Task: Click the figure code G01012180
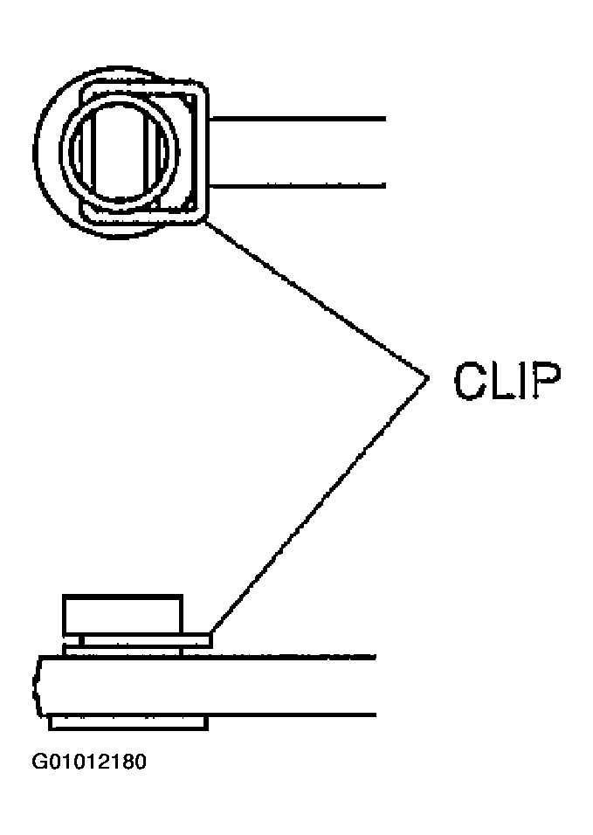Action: [x=89, y=762]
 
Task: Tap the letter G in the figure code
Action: [x=40, y=762]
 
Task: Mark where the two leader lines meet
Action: [x=427, y=377]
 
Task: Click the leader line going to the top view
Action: [x=316, y=300]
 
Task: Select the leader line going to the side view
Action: [x=320, y=506]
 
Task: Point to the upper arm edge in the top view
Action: [x=297, y=119]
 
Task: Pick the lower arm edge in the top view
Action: [x=297, y=186]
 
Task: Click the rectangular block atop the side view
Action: [x=122, y=615]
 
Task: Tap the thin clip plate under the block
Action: [x=137, y=640]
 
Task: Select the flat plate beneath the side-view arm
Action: [x=128, y=723]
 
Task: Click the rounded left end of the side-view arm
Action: [x=36, y=686]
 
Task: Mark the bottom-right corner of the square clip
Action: [x=203, y=219]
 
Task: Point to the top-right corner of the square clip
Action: [x=203, y=86]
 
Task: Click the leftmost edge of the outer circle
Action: [x=33, y=152]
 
